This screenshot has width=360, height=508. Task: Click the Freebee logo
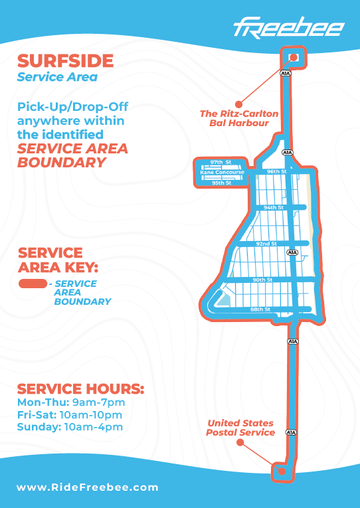[289, 27]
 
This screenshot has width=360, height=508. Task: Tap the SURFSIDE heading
[66, 61]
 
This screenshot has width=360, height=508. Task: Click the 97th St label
[221, 162]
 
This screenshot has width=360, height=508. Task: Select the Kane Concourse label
[222, 173]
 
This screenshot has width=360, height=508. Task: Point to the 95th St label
[222, 183]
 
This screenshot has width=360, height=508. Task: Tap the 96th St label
[277, 171]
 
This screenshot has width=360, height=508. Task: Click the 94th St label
[274, 207]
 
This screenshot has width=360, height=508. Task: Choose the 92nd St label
[266, 244]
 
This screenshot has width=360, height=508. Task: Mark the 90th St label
[262, 280]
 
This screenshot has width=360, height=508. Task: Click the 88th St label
[260, 309]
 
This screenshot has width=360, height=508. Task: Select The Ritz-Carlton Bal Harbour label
[239, 118]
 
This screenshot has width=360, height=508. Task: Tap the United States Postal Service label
[240, 428]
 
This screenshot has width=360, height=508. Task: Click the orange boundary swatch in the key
[33, 284]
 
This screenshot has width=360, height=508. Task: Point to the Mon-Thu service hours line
[71, 402]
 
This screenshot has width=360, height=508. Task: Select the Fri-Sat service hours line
[70, 414]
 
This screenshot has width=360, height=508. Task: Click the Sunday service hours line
[70, 427]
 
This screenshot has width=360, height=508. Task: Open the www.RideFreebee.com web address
[88, 487]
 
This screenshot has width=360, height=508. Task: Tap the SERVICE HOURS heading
[80, 388]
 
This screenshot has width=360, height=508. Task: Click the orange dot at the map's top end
[294, 57]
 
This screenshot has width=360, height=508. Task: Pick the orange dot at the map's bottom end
[282, 471]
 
